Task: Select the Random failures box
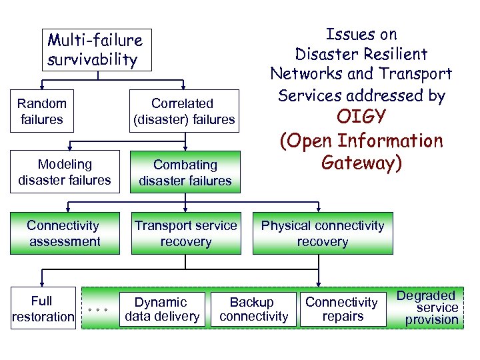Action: point(42,111)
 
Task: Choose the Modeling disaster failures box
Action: point(65,172)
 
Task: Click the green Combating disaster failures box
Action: point(185,172)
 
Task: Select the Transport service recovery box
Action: point(185,233)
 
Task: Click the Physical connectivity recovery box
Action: point(323,233)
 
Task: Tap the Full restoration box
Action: point(43,308)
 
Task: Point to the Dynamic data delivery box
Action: point(162,309)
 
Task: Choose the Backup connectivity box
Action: point(253,309)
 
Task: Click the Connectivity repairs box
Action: point(342,309)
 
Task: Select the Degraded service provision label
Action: point(431,307)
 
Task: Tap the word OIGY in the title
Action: point(361,118)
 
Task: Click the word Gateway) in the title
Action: point(361,163)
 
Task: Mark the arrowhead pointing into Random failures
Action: point(42,86)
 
